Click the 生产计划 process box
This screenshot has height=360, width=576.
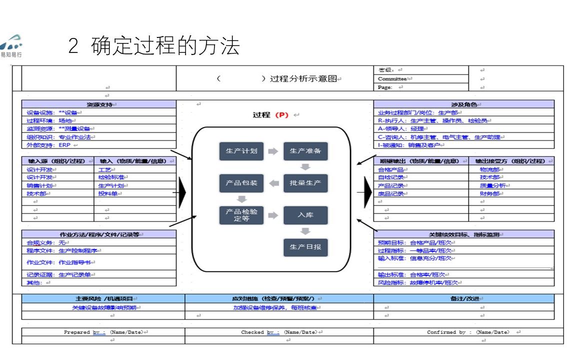click(241, 151)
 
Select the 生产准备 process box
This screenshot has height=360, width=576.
click(305, 151)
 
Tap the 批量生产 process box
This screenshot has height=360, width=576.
click(305, 183)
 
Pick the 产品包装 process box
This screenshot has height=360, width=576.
click(241, 183)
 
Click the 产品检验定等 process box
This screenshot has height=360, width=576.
click(241, 215)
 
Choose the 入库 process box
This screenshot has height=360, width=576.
click(305, 215)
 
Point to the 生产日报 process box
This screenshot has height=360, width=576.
click(305, 247)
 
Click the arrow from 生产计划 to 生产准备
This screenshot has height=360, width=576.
click(273, 151)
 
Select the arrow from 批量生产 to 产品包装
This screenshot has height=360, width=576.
click(274, 183)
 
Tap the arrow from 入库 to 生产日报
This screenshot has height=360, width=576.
click(305, 231)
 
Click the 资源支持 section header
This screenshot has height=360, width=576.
click(99, 104)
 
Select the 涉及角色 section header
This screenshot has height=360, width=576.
click(463, 104)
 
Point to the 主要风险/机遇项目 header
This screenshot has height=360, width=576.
click(103, 298)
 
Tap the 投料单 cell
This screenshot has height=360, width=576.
click(108, 193)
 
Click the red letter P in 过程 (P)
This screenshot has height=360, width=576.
click(282, 115)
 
